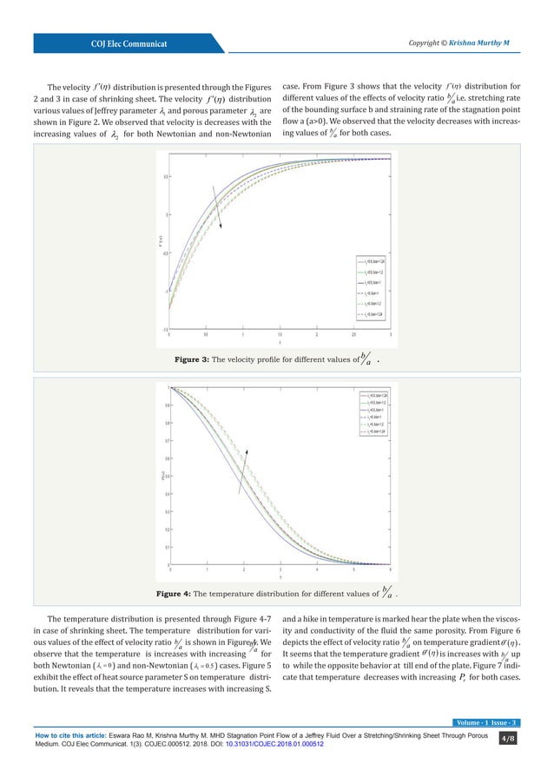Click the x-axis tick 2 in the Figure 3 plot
317,334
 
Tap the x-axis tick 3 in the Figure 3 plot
391,334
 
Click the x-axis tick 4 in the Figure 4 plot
317,570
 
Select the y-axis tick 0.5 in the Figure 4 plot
164,476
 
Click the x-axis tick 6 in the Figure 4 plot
391,570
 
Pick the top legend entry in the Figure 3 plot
371,259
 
